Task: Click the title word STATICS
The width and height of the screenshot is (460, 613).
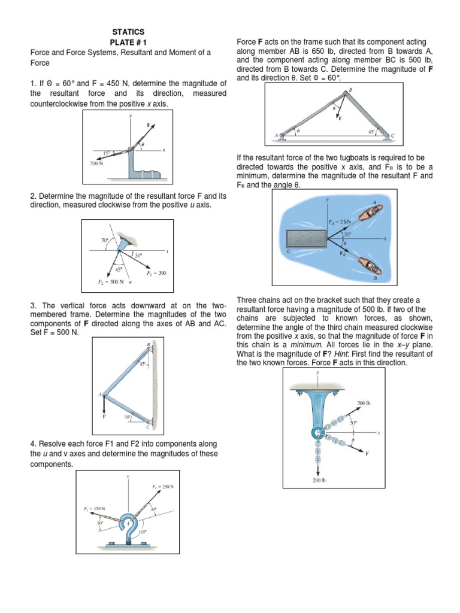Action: click(x=128, y=31)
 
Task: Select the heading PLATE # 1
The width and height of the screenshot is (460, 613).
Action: click(x=128, y=42)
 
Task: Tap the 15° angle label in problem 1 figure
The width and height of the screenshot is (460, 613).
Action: click(x=106, y=154)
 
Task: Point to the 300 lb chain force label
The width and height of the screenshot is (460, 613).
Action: click(x=364, y=403)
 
